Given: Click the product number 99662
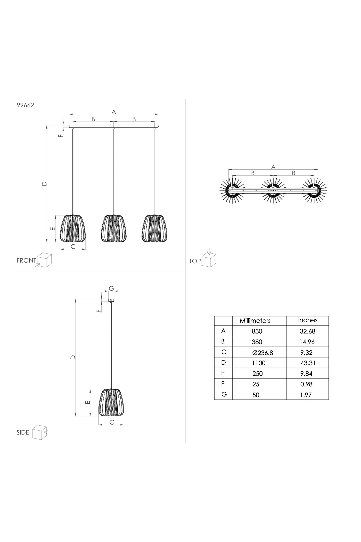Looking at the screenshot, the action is click(25, 105).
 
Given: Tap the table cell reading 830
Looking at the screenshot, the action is click(257, 331).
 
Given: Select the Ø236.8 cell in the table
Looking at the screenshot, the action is click(263, 353).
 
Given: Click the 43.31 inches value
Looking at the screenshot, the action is click(308, 363).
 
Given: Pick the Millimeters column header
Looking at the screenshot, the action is click(255, 321).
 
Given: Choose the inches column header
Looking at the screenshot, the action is click(308, 320).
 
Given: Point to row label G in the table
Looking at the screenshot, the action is click(224, 394).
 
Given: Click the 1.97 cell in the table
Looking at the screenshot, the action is click(306, 395).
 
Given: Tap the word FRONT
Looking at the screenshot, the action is click(26, 260).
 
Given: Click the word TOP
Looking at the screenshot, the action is click(195, 261).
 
